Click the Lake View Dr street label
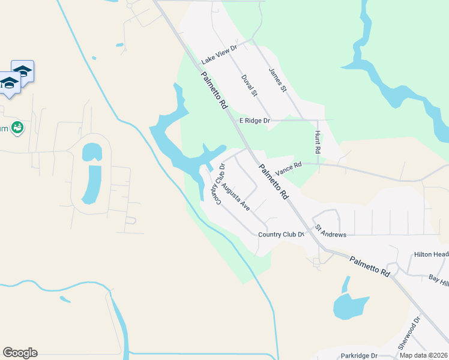220,53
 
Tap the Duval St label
249,86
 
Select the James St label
278,80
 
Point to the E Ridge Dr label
255,121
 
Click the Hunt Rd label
318,142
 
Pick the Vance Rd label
287,168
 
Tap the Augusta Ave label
235,197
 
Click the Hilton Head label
431,254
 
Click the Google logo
20,353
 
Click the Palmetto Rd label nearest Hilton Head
370,266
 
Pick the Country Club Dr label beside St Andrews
282,235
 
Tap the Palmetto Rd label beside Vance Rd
273,181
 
